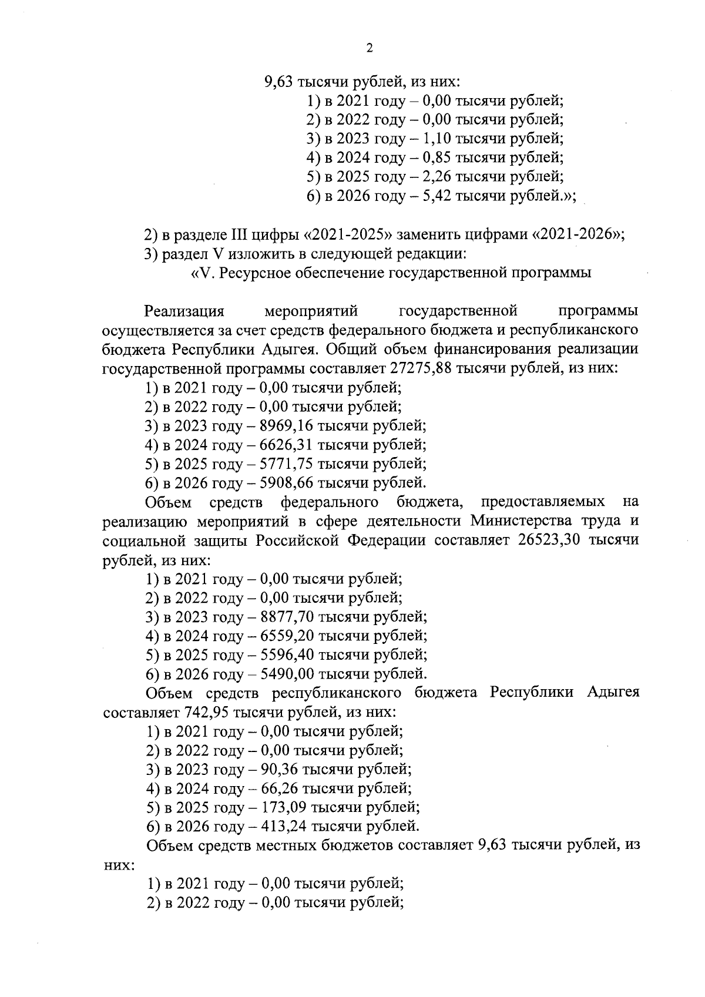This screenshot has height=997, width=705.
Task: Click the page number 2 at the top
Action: (x=369, y=49)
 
